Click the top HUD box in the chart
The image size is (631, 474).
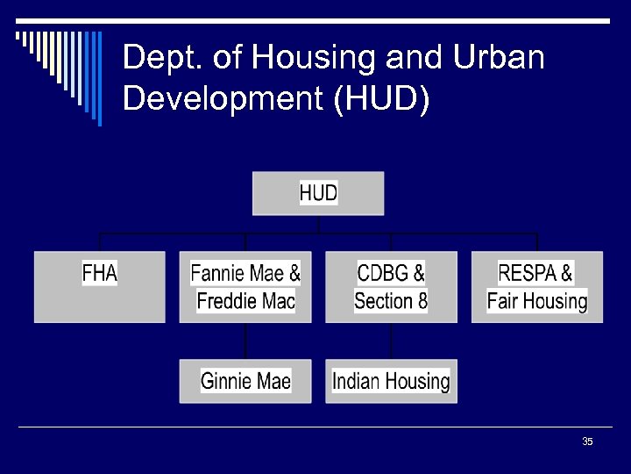(318, 193)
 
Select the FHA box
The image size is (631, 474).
(99, 287)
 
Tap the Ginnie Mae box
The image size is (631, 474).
(245, 381)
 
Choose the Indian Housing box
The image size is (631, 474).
(391, 381)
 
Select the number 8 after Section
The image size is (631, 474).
(422, 302)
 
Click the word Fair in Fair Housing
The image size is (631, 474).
(504, 302)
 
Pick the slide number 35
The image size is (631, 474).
(587, 442)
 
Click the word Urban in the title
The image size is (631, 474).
(499, 59)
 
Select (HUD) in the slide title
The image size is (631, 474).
(381, 98)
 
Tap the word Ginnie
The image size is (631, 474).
(223, 381)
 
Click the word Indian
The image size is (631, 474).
(356, 381)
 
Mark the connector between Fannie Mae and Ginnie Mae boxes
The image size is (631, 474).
(245, 341)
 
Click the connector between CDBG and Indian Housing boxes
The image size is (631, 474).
(391, 341)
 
